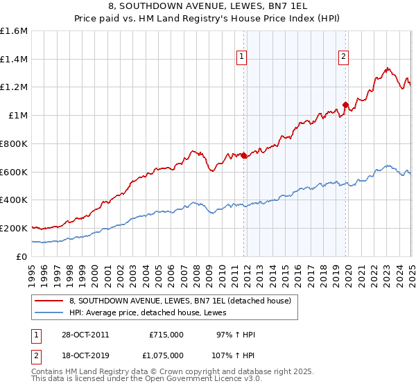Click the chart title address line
(208, 8)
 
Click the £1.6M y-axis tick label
(14, 31)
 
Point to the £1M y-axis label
(18, 116)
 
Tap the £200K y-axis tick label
(14, 228)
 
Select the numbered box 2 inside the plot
(343, 58)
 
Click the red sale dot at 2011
(244, 156)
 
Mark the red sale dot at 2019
(345, 105)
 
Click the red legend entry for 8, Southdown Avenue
(184, 301)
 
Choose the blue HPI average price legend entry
(153, 312)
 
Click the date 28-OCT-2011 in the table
(80, 335)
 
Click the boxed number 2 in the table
(36, 355)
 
